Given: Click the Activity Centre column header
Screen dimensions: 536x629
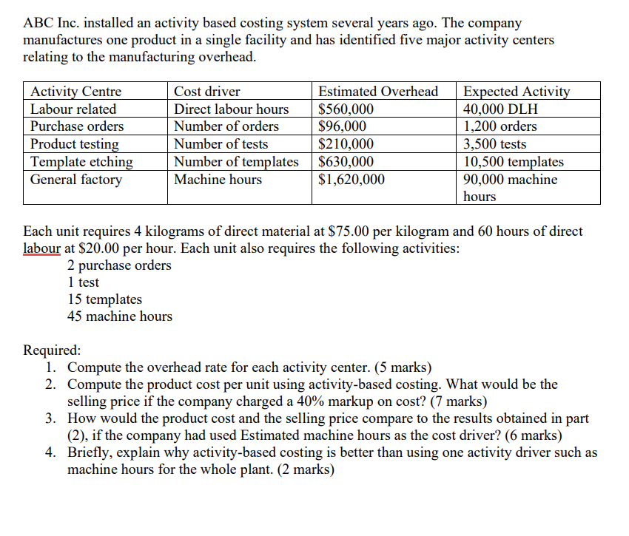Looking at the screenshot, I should pos(75,92).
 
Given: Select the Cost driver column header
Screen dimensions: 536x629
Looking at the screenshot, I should pos(206,92).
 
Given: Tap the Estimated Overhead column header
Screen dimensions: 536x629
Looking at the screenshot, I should pos(377,92).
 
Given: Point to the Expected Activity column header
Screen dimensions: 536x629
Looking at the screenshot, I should pos(517,92).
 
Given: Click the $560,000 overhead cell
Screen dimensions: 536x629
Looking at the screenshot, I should pos(346,109).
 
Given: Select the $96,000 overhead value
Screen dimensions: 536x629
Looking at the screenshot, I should pos(342,126).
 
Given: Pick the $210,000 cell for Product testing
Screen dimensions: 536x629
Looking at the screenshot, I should pos(346,144).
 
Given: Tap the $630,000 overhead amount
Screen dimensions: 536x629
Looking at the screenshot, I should pos(346,161).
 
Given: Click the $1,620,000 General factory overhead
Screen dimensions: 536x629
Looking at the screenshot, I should pos(351,179).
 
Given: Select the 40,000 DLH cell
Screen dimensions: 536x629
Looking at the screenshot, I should pos(500,109).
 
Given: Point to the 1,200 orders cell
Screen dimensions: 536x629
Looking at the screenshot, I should pos(500,126).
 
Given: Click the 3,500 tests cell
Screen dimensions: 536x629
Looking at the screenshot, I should pos(495,144).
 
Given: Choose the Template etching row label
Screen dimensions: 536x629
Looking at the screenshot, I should pos(81,161).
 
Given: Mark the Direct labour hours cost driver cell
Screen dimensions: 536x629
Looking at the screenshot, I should pos(231,109).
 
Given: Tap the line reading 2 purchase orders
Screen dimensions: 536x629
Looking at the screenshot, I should pos(119,265).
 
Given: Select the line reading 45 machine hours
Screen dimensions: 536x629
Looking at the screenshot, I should pos(119,316).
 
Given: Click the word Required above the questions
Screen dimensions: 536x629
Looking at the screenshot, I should pos(53,350).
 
